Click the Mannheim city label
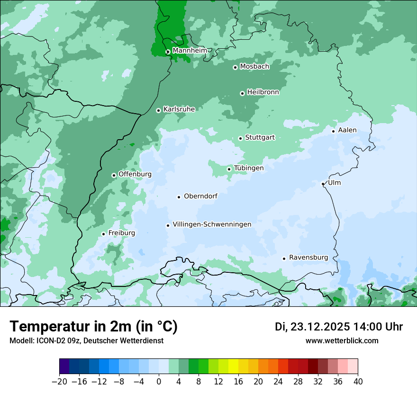[x=190, y=51]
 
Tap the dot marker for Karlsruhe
[x=159, y=110]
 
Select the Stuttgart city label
[x=260, y=138]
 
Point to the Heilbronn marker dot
[x=242, y=93]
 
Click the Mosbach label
[x=254, y=67]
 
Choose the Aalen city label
[x=347, y=130]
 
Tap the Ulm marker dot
[x=323, y=184]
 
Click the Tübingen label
[x=249, y=168]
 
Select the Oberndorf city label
[x=200, y=196]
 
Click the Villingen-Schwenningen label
[x=212, y=224]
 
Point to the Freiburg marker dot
[x=103, y=234]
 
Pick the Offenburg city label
[x=135, y=174]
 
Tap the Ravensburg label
[x=308, y=258]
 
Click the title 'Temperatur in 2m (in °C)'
[x=94, y=327]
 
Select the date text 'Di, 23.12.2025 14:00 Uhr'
[x=339, y=327]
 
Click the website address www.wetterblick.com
[x=342, y=341]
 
